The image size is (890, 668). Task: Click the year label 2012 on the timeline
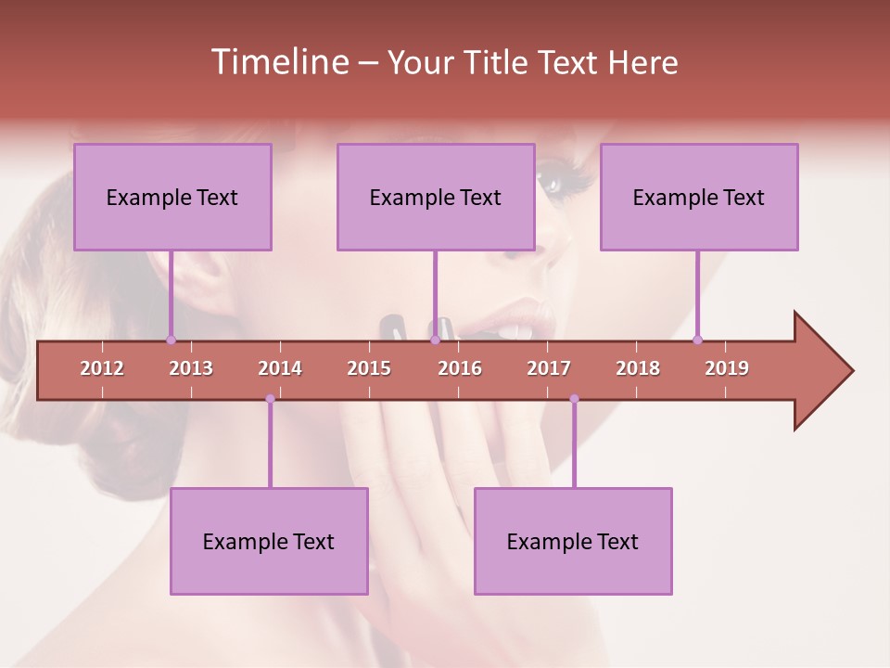(x=102, y=368)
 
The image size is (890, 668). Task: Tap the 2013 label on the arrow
(x=191, y=368)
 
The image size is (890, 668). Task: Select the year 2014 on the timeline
(x=280, y=368)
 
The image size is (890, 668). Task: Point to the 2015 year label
(x=369, y=368)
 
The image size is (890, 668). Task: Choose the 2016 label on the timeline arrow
(x=460, y=368)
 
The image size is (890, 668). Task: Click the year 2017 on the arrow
(x=549, y=368)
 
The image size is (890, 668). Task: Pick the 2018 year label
(x=638, y=368)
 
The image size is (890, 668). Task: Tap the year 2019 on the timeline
(x=727, y=368)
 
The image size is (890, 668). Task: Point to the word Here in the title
(x=642, y=62)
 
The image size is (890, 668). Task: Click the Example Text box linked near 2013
(x=172, y=197)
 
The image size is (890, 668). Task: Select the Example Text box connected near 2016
(x=436, y=197)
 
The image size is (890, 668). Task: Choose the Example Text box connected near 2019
(x=699, y=197)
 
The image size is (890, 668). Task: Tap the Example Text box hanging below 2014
(x=269, y=541)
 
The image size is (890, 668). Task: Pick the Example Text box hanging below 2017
(x=573, y=541)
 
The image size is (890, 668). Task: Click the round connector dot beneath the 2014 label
(x=270, y=399)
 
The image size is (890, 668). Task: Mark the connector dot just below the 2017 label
(x=574, y=399)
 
